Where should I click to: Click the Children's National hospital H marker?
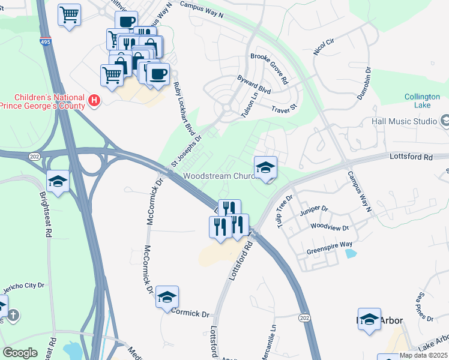[94, 101]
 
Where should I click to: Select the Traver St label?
[284, 110]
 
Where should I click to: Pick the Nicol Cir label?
[324, 46]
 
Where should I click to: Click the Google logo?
[20, 352]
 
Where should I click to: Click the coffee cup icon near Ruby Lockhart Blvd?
[158, 74]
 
